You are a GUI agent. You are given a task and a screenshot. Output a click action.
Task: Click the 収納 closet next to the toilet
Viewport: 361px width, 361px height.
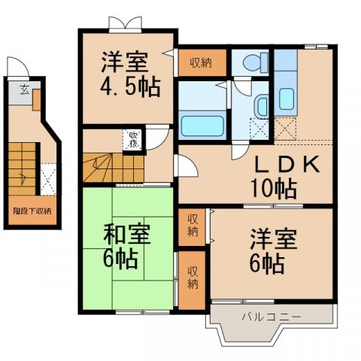(x=199, y=63)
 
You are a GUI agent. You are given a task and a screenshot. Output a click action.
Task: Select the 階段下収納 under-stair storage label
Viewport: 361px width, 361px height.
(x=32, y=211)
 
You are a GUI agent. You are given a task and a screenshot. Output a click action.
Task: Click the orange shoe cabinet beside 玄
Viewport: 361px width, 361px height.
(x=36, y=99)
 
